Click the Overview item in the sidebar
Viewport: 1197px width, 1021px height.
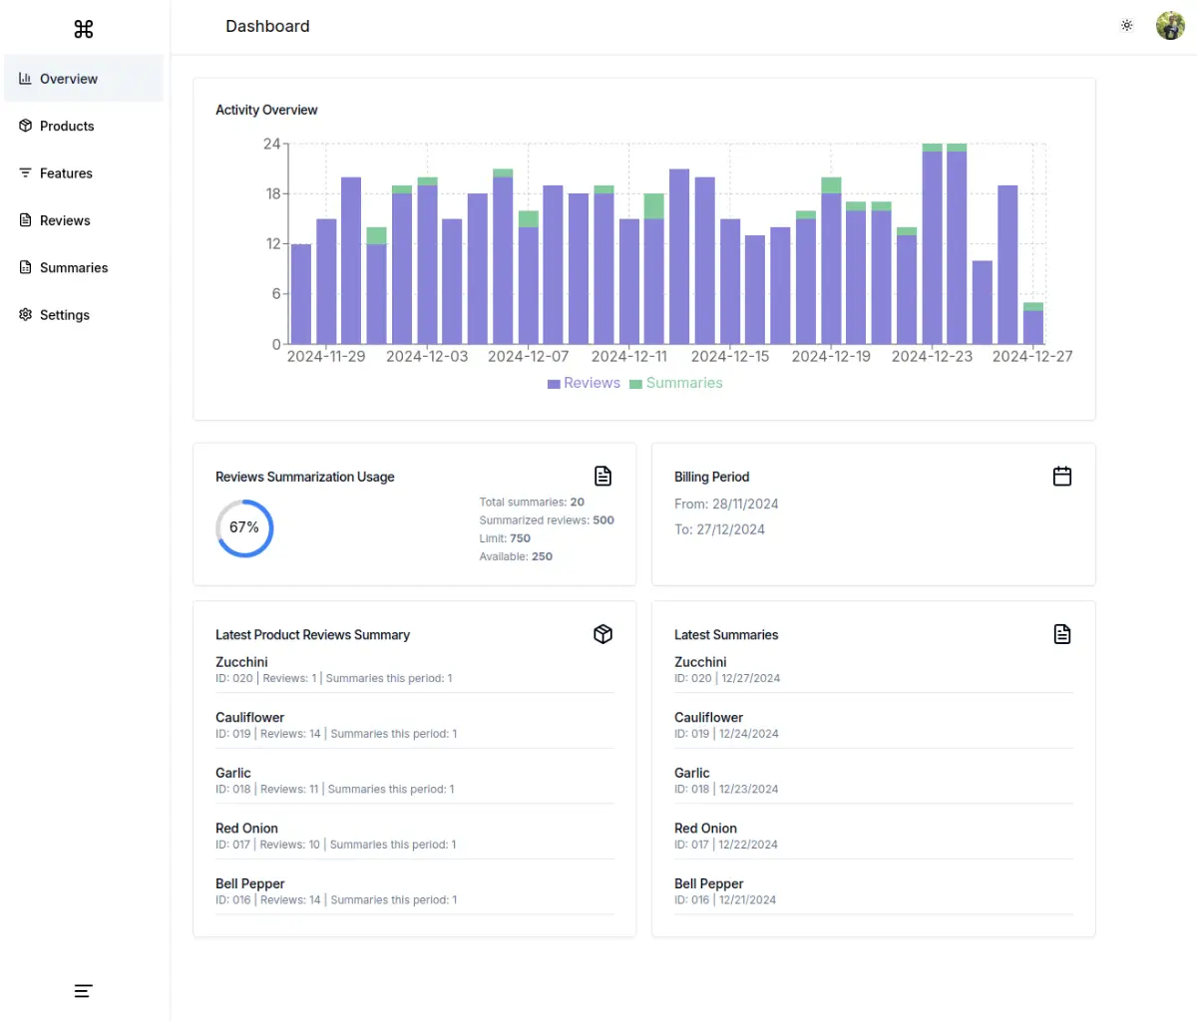(x=68, y=79)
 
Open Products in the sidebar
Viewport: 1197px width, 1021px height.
(x=66, y=126)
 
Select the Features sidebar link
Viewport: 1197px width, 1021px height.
(x=66, y=173)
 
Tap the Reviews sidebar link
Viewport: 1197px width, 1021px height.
(x=65, y=220)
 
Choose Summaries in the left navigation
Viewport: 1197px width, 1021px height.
(x=73, y=267)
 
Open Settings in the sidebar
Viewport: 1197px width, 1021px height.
(x=64, y=315)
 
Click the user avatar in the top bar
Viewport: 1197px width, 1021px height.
(x=1169, y=26)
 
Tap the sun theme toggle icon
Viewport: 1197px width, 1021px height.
(x=1126, y=26)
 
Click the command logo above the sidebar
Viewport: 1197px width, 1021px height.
(x=84, y=29)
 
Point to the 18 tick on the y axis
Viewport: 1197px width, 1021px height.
(x=272, y=193)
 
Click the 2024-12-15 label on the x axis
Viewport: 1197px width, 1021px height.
(x=730, y=356)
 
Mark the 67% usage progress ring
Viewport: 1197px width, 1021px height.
(x=244, y=527)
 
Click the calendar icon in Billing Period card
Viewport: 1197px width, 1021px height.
(x=1062, y=477)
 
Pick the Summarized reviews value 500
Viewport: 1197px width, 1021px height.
(x=603, y=520)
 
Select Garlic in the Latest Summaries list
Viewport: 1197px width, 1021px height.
(x=692, y=773)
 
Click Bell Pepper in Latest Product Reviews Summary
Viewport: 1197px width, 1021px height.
(x=250, y=883)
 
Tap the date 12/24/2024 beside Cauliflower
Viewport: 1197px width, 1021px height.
(x=749, y=734)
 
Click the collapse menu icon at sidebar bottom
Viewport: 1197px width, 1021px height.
(x=84, y=991)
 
